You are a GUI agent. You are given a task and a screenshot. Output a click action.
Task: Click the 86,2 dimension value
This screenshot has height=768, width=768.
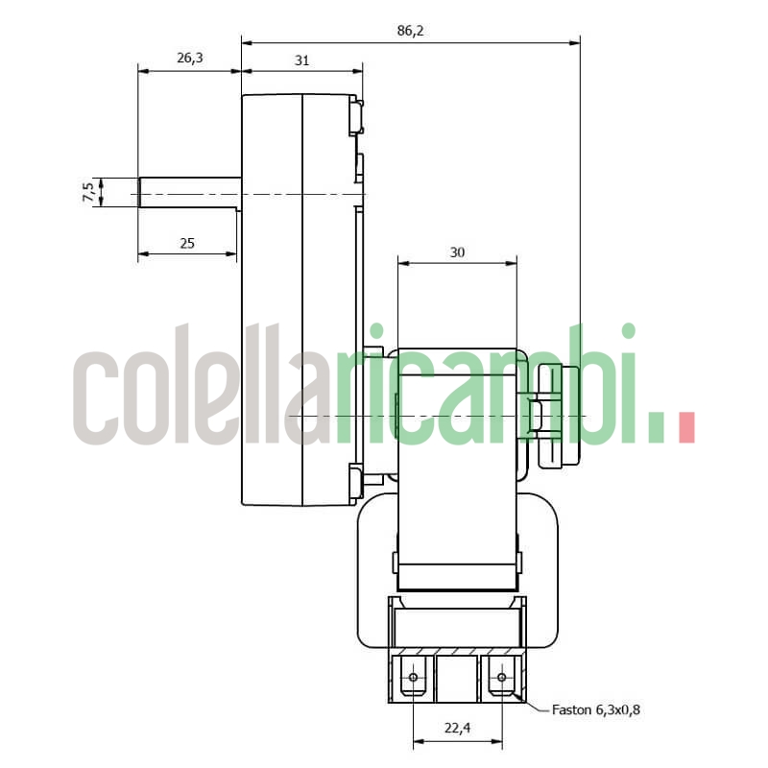click(409, 32)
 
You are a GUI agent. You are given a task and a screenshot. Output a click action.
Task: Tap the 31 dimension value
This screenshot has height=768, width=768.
click(301, 60)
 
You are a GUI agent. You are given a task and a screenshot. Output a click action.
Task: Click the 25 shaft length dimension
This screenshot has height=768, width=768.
click(187, 244)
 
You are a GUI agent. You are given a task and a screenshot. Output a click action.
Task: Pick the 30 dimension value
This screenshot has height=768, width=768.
click(457, 252)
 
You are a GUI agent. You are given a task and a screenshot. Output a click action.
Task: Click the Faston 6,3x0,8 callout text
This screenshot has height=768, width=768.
click(595, 711)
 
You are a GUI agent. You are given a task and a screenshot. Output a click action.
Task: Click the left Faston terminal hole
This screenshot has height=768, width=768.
click(414, 679)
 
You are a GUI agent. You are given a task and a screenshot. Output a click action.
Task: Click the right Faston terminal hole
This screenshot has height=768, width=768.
click(500, 679)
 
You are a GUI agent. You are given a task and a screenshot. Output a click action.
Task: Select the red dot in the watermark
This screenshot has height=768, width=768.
click(685, 427)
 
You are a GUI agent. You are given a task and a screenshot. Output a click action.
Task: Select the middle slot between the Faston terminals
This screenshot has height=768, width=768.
click(457, 678)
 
